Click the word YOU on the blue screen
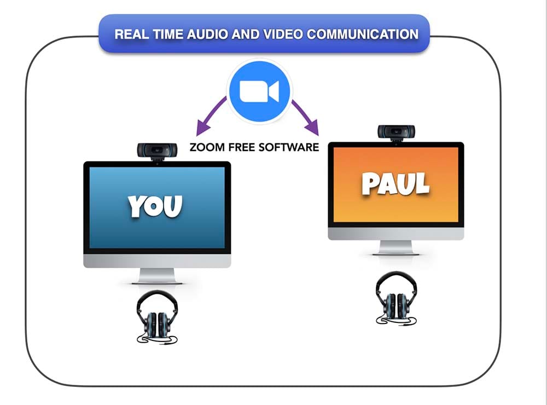(x=155, y=206)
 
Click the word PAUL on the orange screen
(x=395, y=183)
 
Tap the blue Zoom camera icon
(x=259, y=91)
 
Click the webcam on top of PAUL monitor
(x=396, y=132)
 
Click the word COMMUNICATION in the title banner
(x=363, y=34)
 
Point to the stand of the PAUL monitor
(x=396, y=247)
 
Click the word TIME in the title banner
(x=168, y=34)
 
